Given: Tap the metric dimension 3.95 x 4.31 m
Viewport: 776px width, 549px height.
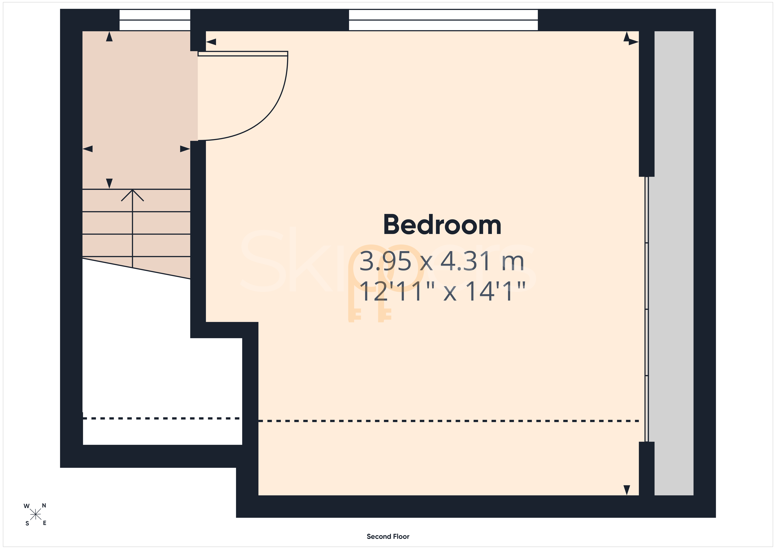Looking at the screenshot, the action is click(442, 261).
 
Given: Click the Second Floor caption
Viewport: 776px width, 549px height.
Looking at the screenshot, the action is click(388, 536).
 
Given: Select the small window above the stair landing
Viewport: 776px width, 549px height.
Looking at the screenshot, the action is click(155, 20).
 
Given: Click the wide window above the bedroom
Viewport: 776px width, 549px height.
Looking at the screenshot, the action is click(443, 20).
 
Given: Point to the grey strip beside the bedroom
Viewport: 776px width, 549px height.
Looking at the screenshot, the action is click(674, 263).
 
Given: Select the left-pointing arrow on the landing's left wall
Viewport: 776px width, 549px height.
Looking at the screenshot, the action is click(87, 149).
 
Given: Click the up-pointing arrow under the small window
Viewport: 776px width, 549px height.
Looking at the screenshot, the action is click(109, 37).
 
